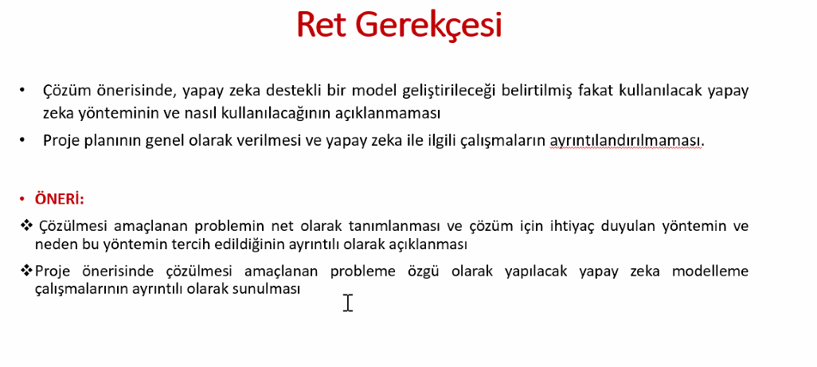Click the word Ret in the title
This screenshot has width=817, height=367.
click(x=320, y=25)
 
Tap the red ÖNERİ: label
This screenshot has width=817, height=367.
click(x=59, y=199)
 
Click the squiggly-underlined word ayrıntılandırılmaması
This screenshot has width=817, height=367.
click(x=627, y=141)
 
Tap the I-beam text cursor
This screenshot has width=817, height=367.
click(x=348, y=303)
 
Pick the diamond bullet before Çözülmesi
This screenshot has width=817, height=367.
click(x=26, y=226)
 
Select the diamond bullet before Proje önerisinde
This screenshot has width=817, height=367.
click(x=26, y=271)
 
